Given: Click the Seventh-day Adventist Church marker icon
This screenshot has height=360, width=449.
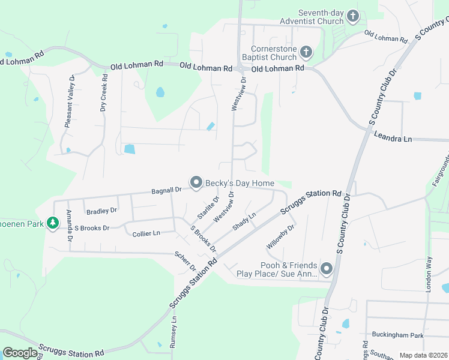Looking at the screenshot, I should coord(352,16).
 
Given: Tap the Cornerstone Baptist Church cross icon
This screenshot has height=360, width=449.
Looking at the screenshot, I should coord(306,53).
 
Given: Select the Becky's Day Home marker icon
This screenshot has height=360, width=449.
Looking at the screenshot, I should coord(196,182).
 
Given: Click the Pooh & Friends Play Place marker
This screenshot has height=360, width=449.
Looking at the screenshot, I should coord(327,268).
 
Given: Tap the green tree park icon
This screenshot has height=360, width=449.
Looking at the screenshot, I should coord(53,223).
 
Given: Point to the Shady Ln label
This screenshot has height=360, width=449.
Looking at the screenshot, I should coord(244,221).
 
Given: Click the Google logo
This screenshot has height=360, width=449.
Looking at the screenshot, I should coord(20,353).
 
